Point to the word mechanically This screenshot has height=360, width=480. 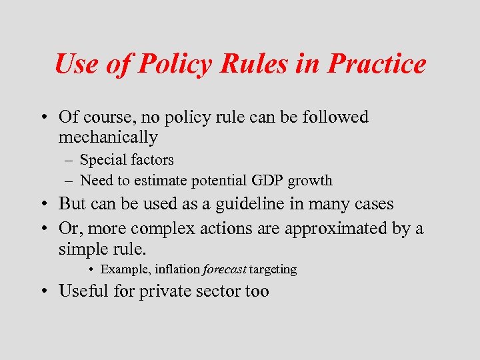click(x=108, y=138)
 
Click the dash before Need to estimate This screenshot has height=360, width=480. click(x=69, y=181)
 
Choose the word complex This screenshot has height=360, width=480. click(x=160, y=229)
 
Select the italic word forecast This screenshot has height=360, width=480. click(x=224, y=270)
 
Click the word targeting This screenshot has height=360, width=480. click(x=273, y=270)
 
